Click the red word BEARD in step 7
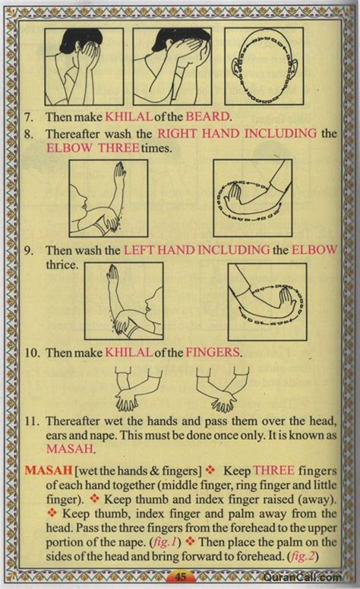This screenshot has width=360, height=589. coord(207,116)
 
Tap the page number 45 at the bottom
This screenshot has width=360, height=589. coord(181,576)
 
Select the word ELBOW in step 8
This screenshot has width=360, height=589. coord(69,147)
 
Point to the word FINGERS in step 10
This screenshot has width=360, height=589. coord(212,353)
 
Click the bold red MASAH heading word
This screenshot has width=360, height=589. coord(49,470)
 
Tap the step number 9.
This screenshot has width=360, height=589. coord(29,250)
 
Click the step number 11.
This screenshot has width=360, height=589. coord(32,421)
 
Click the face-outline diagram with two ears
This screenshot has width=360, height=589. coord(264,67)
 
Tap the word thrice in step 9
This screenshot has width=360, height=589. coord(62,264)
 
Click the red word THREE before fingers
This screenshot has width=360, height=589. coord(273,470)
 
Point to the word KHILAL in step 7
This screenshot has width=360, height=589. coord(129,117)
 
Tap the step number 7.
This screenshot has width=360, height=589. coord(29,117)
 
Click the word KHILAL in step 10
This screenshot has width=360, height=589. coord(129,353)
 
